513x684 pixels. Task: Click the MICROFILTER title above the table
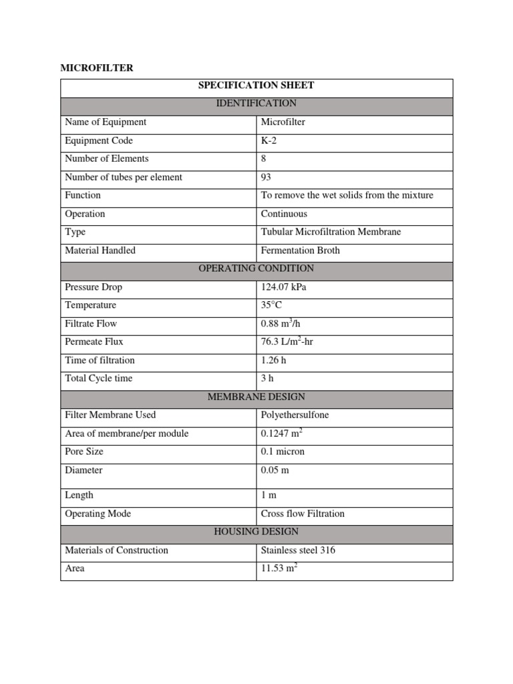pos(96,68)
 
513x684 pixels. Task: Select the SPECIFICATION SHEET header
pos(256,85)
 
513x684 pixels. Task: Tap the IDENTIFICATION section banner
pos(256,104)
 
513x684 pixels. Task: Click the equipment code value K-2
pos(269,140)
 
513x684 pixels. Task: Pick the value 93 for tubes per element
pos(266,177)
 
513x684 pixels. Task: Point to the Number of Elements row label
pos(106,159)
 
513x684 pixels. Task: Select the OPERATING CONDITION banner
pos(256,269)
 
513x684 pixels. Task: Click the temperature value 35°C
pos(272,305)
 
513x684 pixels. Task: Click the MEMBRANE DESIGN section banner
pos(256,397)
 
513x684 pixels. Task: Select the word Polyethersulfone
pos(295,415)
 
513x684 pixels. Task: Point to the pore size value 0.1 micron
pos(283,452)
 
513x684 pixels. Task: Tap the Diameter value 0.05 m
pos(275,470)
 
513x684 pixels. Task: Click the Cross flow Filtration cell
pos(303,514)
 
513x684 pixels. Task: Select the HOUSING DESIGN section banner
pos(256,532)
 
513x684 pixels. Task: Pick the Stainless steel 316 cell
pos(298,550)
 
